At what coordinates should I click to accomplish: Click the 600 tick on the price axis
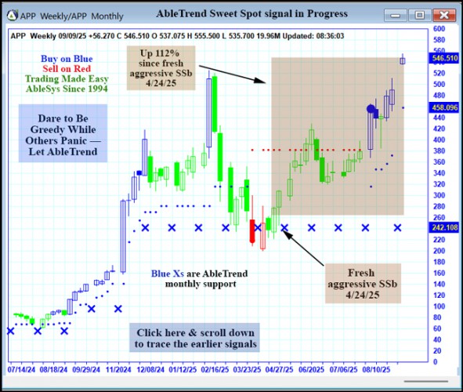439,29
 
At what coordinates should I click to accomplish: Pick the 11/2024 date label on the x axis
118,366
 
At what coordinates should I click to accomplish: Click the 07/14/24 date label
23,366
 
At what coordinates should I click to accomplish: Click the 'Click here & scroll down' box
194,338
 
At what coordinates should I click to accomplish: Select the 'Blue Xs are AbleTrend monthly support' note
194,279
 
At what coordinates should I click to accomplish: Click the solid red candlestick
252,230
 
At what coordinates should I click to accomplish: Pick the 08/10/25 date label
385,366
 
